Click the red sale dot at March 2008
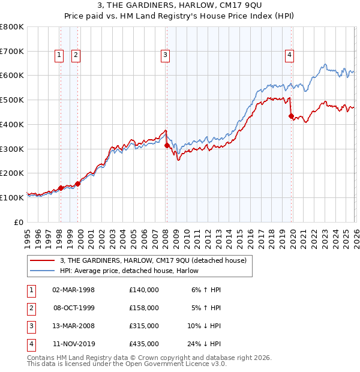point(167,145)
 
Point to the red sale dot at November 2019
point(291,116)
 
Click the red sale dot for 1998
point(61,188)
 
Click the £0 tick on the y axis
point(19,222)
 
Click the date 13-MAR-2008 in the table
point(73,326)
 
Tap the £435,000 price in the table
point(143,344)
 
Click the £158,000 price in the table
point(143,308)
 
